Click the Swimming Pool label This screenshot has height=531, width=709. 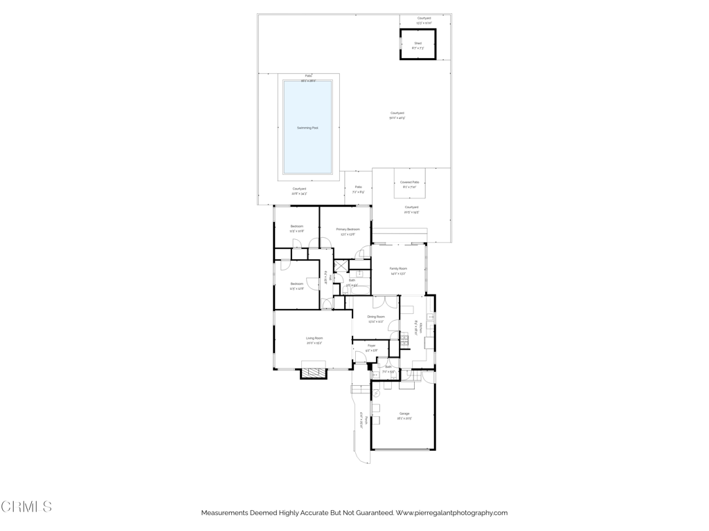click(x=307, y=128)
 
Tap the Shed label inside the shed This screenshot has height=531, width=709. click(x=418, y=43)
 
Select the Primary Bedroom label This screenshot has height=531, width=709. click(x=348, y=229)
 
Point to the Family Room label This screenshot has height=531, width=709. click(x=398, y=268)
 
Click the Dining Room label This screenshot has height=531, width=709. click(x=376, y=316)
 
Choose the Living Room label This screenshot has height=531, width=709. click(x=314, y=338)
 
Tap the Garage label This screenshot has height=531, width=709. click(x=404, y=413)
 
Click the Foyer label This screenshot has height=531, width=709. click(x=371, y=345)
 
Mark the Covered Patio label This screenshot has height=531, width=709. click(x=409, y=182)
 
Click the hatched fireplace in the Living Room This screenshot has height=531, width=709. click(x=314, y=372)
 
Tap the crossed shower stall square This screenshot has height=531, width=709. click(x=341, y=265)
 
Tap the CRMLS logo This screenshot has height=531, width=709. click(x=26, y=507)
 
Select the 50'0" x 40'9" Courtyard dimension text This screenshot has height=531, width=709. click(x=397, y=118)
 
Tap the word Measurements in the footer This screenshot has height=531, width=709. click(x=225, y=513)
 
